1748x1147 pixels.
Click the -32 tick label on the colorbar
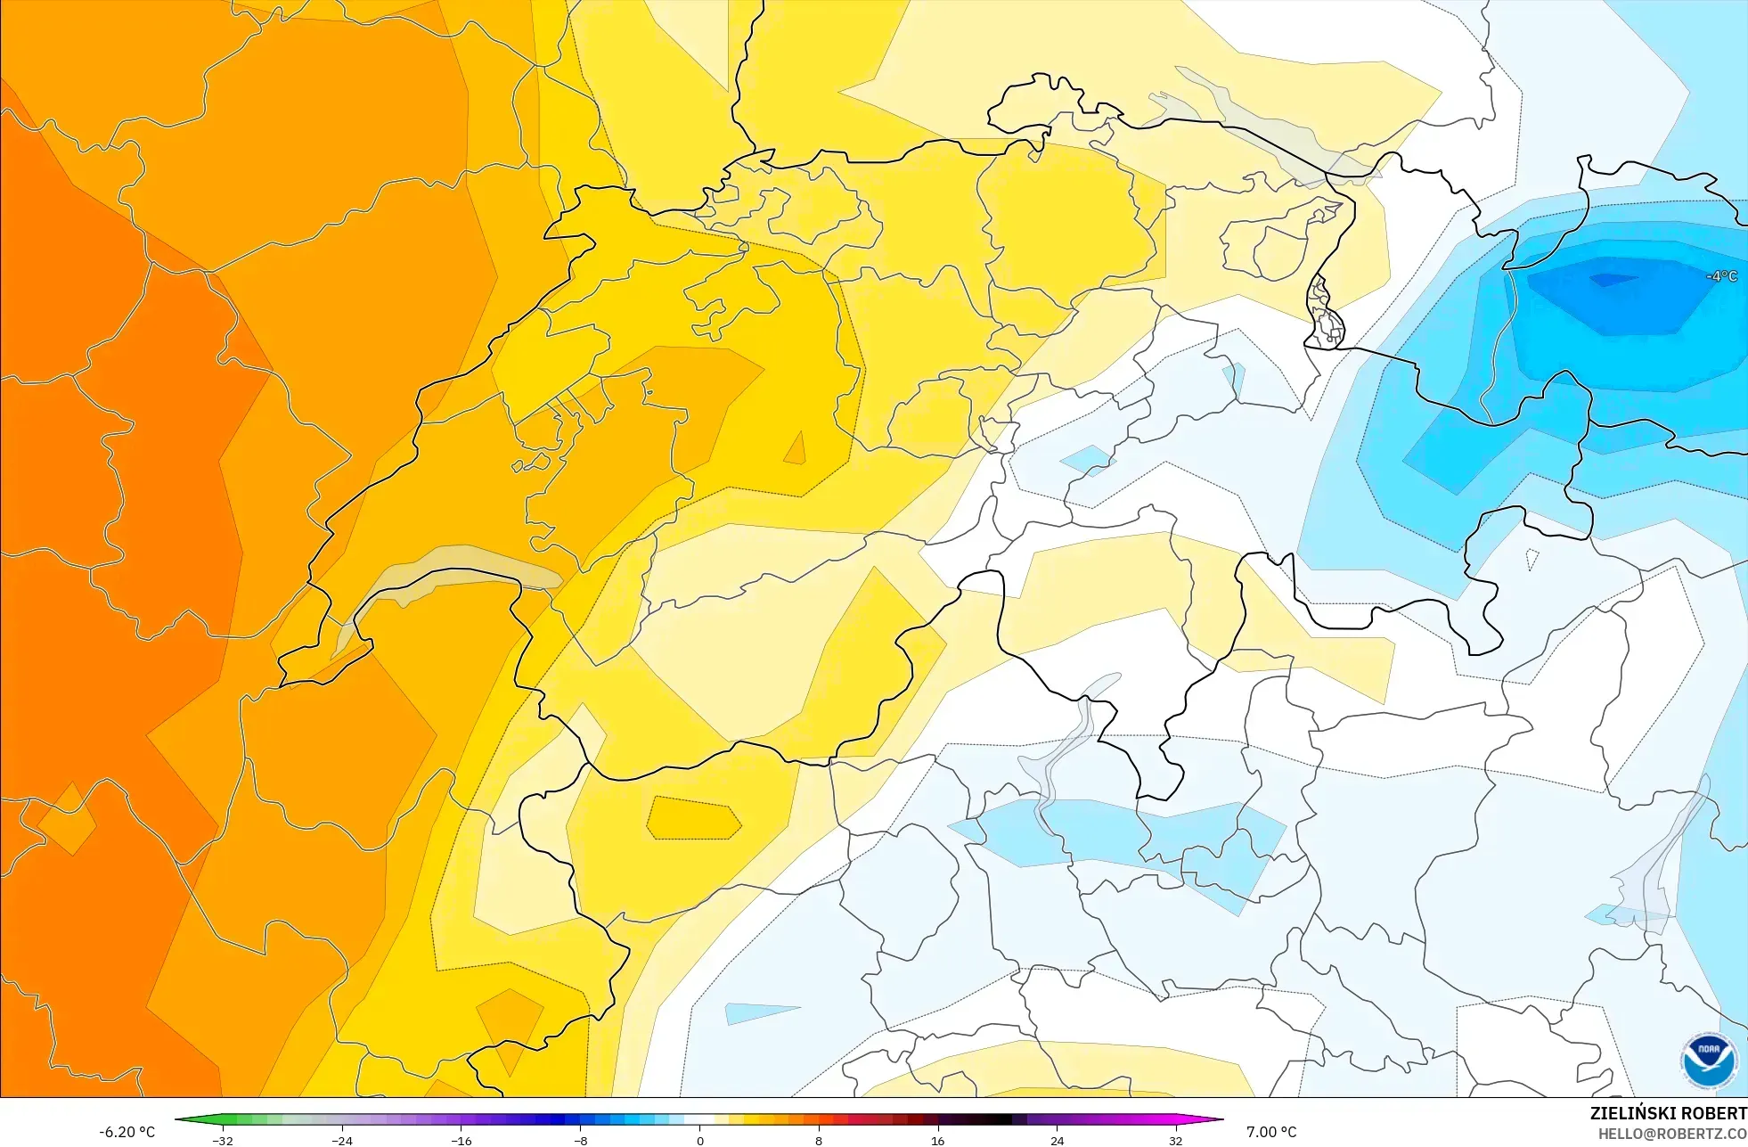223,1140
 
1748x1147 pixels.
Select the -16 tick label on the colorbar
461,1140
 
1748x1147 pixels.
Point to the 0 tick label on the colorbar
699,1140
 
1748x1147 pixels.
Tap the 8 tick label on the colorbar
818,1140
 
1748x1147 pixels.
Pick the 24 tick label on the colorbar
1057,1140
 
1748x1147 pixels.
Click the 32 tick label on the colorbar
1175,1140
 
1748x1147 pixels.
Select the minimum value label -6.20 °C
127,1132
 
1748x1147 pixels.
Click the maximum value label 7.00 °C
1271,1132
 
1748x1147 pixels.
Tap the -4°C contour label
1721,276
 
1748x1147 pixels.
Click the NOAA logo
1709,1061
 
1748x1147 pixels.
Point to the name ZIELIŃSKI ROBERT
1668,1113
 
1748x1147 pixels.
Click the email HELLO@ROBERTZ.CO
1672,1134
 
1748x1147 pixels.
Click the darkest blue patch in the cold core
1611,280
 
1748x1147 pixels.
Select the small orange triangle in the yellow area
796,450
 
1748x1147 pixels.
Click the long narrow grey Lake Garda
1065,749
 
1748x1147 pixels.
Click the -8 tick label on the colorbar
580,1140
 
